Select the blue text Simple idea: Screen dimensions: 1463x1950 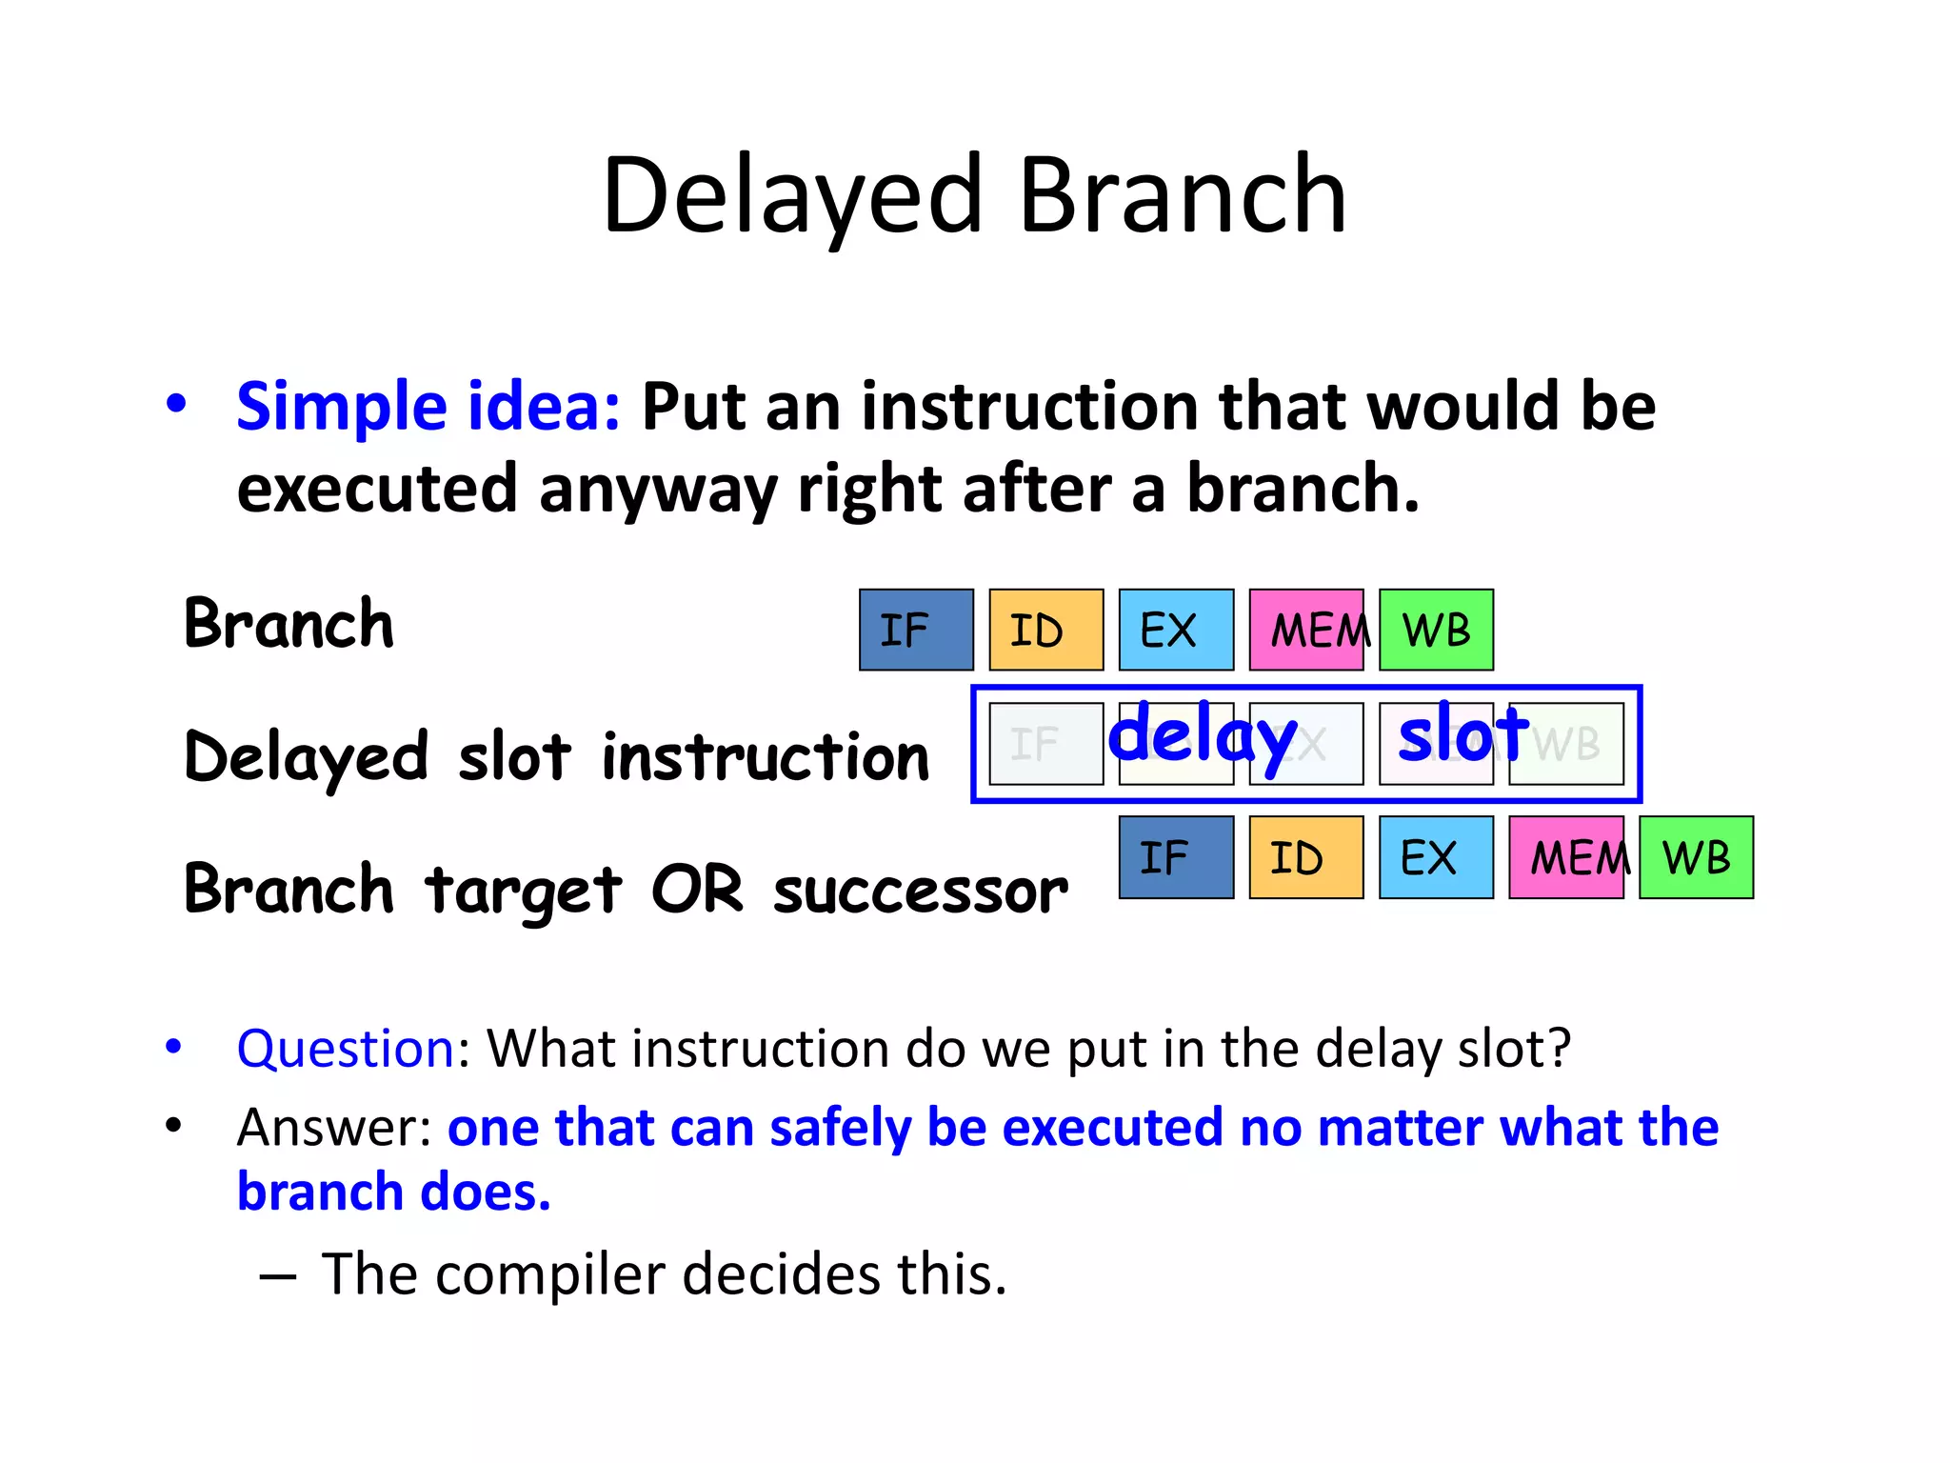tap(428, 407)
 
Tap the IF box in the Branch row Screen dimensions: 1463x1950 tap(915, 630)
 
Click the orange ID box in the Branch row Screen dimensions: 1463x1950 tap(1045, 630)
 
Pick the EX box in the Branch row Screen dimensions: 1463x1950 tap(1175, 630)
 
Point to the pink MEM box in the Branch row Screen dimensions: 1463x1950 tap(1305, 630)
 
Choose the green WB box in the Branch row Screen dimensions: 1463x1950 tap(1435, 630)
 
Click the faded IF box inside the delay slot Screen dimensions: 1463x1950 tap(1045, 744)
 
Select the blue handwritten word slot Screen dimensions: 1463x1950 tap(1462, 734)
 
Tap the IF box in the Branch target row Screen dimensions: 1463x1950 tap(1175, 857)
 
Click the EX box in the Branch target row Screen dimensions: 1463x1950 tap(1435, 857)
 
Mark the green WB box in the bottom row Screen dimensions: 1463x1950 tap(1696, 857)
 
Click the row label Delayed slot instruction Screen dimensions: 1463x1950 tap(556, 757)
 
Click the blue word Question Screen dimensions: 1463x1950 tap(346, 1049)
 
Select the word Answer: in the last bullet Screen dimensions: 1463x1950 tap(335, 1128)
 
